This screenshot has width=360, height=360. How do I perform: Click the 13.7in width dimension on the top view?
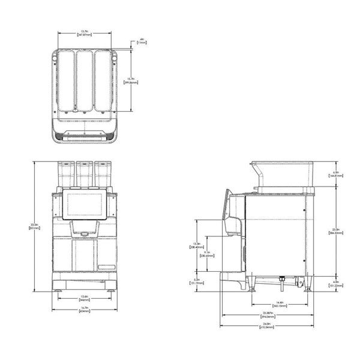[x=86, y=33]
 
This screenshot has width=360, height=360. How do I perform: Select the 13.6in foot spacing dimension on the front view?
[x=85, y=298]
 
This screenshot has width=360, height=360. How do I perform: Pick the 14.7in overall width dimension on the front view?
[x=85, y=311]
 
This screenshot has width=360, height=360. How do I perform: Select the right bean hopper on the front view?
[x=106, y=173]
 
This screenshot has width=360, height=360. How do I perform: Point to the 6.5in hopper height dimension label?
[x=336, y=175]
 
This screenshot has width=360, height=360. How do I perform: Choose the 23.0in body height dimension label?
[x=336, y=232]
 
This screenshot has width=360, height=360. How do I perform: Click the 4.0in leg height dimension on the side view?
[x=336, y=284]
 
